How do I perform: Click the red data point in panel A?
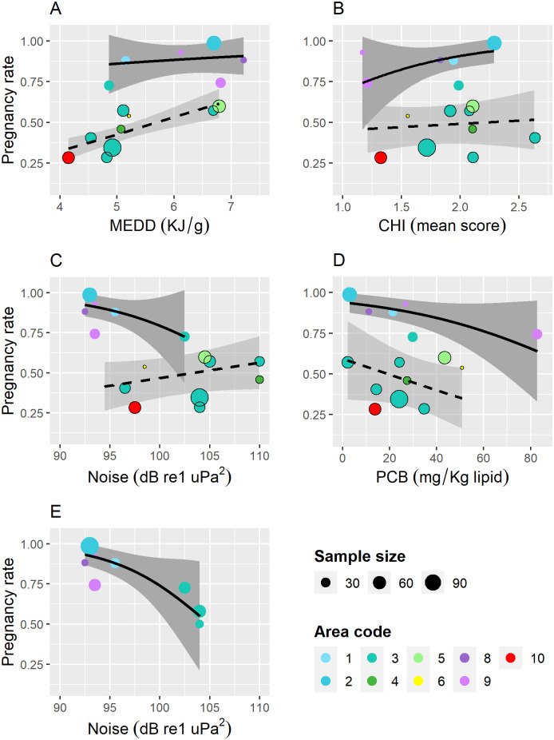pos(69,157)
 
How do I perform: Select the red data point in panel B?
pos(381,157)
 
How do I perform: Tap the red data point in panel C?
pos(135,408)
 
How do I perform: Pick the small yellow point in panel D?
pos(462,368)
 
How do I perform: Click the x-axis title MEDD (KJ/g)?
pos(160,225)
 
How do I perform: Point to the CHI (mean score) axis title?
pos(441,225)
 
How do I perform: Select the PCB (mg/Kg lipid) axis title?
pos(442,477)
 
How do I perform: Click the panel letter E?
pos(55,511)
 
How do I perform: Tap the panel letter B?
pos(338,9)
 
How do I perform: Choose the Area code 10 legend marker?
pos(510,658)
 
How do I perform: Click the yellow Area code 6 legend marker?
pos(417,681)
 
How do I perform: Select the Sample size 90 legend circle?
pos(433,583)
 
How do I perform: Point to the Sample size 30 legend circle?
pos(326,583)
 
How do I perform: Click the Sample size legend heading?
pos(360,556)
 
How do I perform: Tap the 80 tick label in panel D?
pos(530,457)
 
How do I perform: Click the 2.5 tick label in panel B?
pos(519,207)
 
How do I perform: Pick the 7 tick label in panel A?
pos(231,207)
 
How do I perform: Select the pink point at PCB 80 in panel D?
pos(537,334)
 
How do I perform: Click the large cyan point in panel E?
pos(89,546)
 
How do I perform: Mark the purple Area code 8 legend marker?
pos(464,658)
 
